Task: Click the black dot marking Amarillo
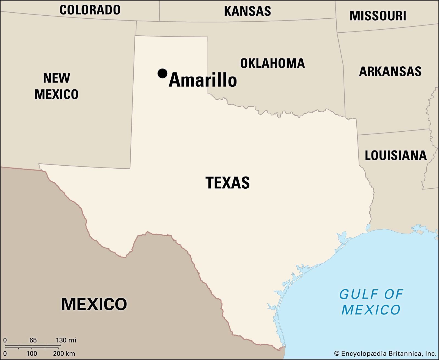coord(162,73)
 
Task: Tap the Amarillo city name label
coord(203,80)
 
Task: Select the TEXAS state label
coord(227,183)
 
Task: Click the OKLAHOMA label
coord(272,63)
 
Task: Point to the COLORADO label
coord(90,10)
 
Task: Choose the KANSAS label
coord(247,11)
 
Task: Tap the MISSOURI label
coord(378,16)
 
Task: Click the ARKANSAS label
coord(390,72)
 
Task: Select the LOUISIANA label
coord(396,155)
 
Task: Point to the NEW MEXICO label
coord(57,86)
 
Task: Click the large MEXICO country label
coord(94,304)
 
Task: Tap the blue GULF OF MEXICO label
coord(371,302)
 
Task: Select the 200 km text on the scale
coord(64,353)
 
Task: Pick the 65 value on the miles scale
coord(33,340)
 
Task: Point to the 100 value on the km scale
coord(32,353)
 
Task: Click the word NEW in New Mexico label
coord(57,78)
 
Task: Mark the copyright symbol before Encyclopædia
coord(337,354)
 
